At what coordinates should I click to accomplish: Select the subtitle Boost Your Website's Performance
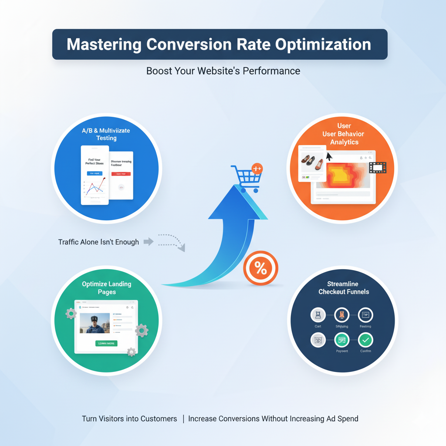pyautogui.click(x=223, y=71)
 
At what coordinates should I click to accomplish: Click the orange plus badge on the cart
pyautogui.click(x=257, y=169)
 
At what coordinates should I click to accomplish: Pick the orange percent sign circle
pyautogui.click(x=260, y=268)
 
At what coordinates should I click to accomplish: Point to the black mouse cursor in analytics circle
pyautogui.click(x=329, y=156)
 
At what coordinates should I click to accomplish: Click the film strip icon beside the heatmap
pyautogui.click(x=378, y=167)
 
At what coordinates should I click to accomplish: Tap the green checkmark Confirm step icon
pyautogui.click(x=365, y=340)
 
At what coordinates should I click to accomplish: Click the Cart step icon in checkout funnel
pyautogui.click(x=318, y=315)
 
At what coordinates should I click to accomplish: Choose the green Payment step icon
pyautogui.click(x=341, y=340)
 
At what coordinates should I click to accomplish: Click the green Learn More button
pyautogui.click(x=106, y=343)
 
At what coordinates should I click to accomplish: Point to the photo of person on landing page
pyautogui.click(x=95, y=323)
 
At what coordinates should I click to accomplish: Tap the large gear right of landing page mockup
pyautogui.click(x=142, y=331)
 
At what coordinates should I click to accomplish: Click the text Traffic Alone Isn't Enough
pyautogui.click(x=98, y=242)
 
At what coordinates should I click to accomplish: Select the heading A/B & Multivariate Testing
pyautogui.click(x=106, y=134)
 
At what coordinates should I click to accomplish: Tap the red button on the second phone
pyautogui.click(x=121, y=174)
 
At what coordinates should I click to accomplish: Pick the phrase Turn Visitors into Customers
pyautogui.click(x=129, y=419)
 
